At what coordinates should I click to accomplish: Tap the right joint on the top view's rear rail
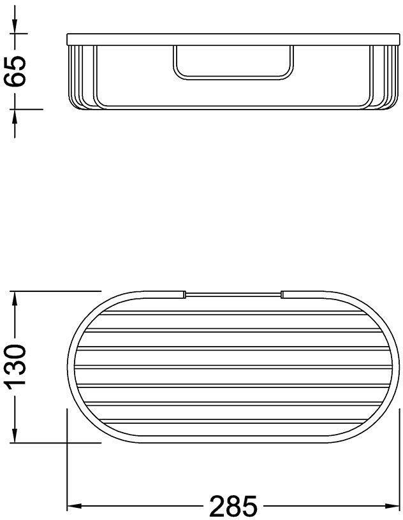point(281,294)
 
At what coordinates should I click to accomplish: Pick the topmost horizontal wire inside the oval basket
point(233,312)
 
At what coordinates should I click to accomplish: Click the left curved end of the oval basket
point(70,366)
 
